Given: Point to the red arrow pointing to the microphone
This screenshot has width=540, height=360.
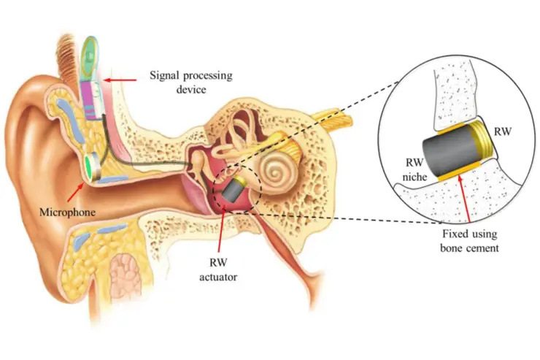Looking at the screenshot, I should pyautogui.click(x=80, y=191).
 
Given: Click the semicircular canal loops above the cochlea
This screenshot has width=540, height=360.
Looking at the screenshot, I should pyautogui.click(x=242, y=135).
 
